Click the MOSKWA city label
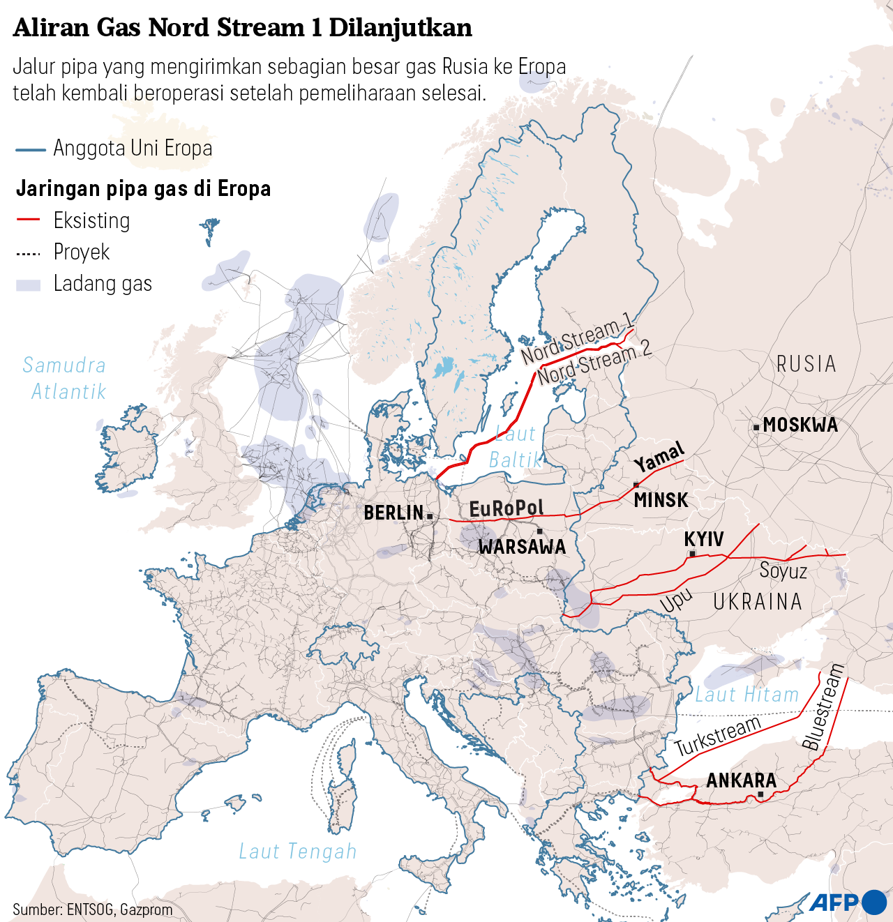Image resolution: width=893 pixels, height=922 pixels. tap(800, 425)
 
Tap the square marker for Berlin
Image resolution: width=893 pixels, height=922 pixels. tap(430, 516)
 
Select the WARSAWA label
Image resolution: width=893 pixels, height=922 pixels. tap(522, 547)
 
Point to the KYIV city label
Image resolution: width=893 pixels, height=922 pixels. tap(703, 539)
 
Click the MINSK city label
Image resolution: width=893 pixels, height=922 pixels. tap(661, 500)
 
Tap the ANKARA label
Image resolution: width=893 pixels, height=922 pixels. tap(741, 780)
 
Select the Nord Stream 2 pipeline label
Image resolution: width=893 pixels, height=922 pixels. tap(594, 362)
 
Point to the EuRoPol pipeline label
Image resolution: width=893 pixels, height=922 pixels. tap(506, 508)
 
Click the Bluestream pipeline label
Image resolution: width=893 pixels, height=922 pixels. tap(823, 707)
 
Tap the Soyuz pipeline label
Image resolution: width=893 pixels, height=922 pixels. tap(783, 571)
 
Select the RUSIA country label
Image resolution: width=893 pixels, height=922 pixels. tap(806, 364)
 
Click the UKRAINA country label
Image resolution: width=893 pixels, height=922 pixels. tap(758, 602)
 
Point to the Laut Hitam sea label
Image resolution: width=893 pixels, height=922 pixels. tap(746, 695)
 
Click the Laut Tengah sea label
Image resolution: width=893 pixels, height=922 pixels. tap(298, 852)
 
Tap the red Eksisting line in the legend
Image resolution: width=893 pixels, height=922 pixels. tap(29, 220)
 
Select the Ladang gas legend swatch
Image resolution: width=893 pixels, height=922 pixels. tap(29, 285)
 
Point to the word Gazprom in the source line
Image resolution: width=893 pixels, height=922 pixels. tap(146, 909)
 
